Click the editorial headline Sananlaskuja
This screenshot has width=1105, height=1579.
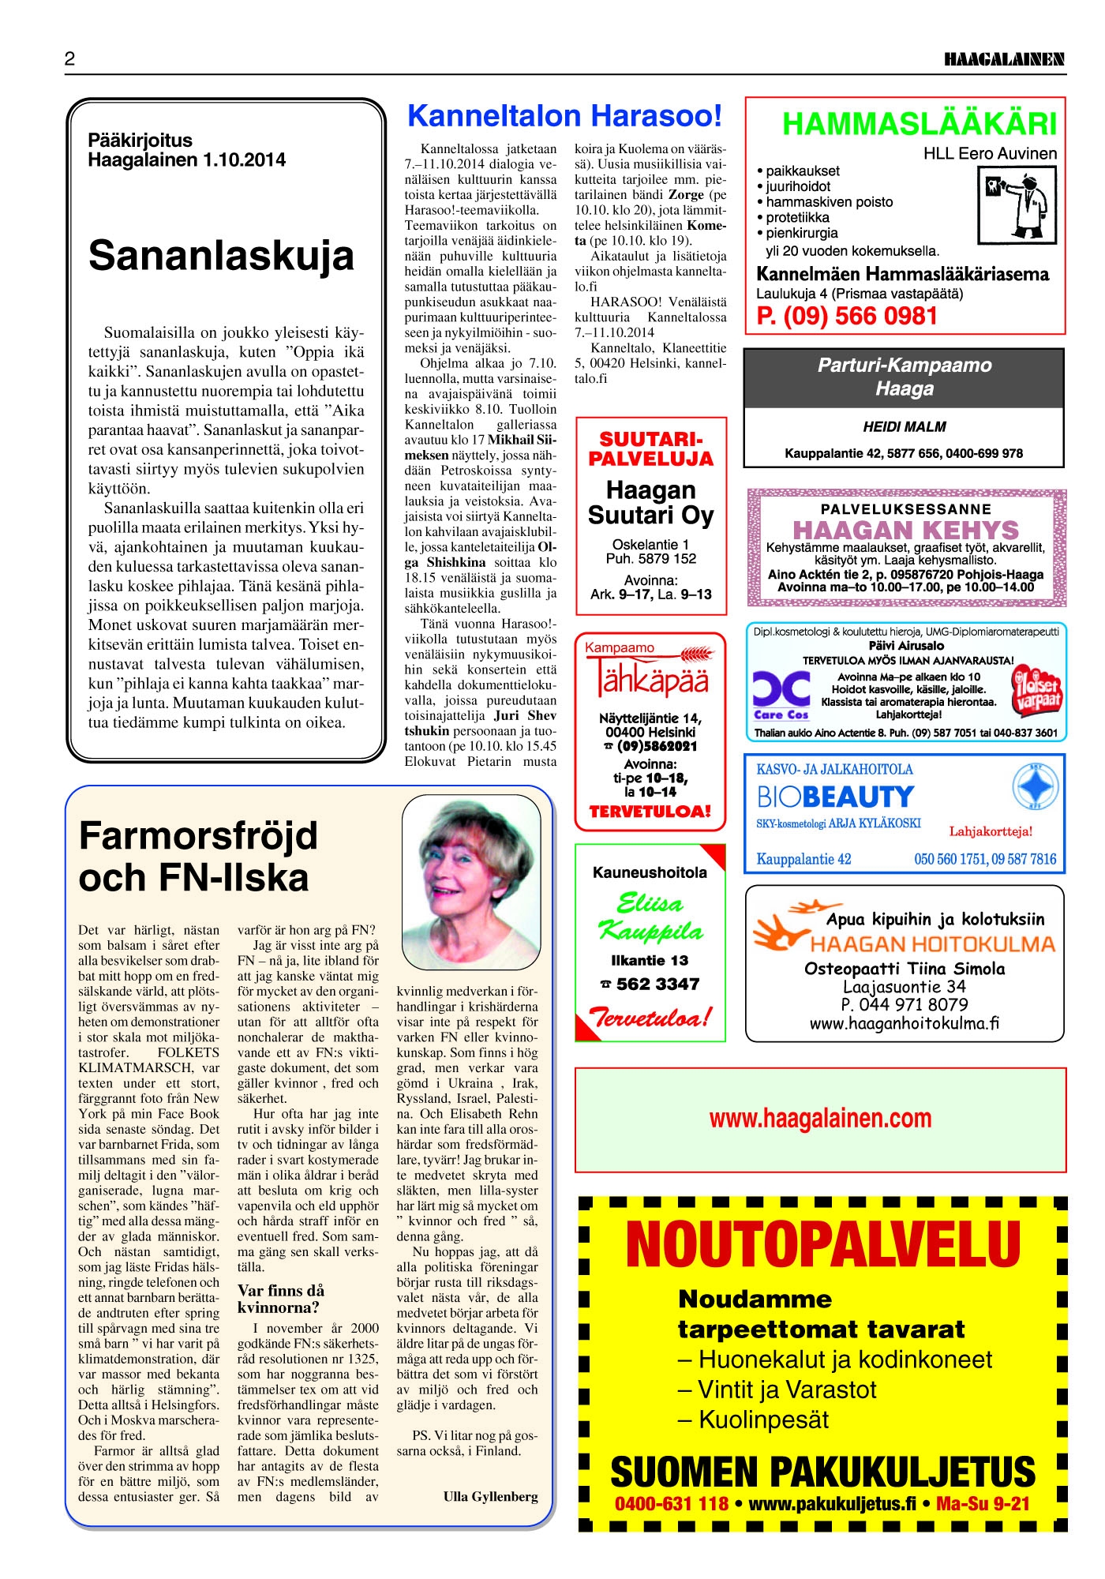(x=221, y=255)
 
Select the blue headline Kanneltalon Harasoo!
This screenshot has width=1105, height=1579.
(x=564, y=116)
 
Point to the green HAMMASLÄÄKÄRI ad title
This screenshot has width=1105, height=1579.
(x=919, y=124)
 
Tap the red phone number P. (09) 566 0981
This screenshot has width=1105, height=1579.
(x=847, y=316)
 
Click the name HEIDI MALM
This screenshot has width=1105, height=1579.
(x=904, y=427)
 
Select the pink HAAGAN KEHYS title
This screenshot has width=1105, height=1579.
(x=905, y=530)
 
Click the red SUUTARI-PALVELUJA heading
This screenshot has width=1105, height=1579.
(x=650, y=449)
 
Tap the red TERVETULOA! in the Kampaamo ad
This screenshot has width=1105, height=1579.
(x=650, y=811)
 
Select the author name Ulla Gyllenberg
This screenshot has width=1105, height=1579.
(x=490, y=1496)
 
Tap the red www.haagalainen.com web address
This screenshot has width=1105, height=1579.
(x=820, y=1118)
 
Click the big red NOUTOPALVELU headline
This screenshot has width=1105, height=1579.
(x=822, y=1245)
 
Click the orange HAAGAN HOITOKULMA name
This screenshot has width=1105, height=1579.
(x=931, y=944)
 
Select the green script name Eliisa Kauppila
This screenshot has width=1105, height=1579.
(x=650, y=917)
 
